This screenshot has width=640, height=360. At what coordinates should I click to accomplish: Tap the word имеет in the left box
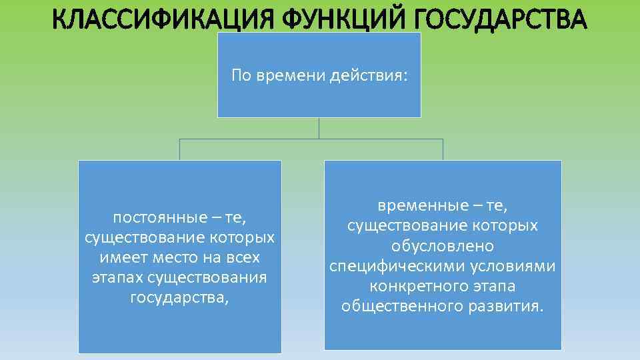[x=118, y=257]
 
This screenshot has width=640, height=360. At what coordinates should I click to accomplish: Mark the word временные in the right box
[x=415, y=206]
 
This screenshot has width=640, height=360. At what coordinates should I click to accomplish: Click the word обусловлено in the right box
[x=443, y=246]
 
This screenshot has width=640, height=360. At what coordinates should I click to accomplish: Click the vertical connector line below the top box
[x=319, y=128]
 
